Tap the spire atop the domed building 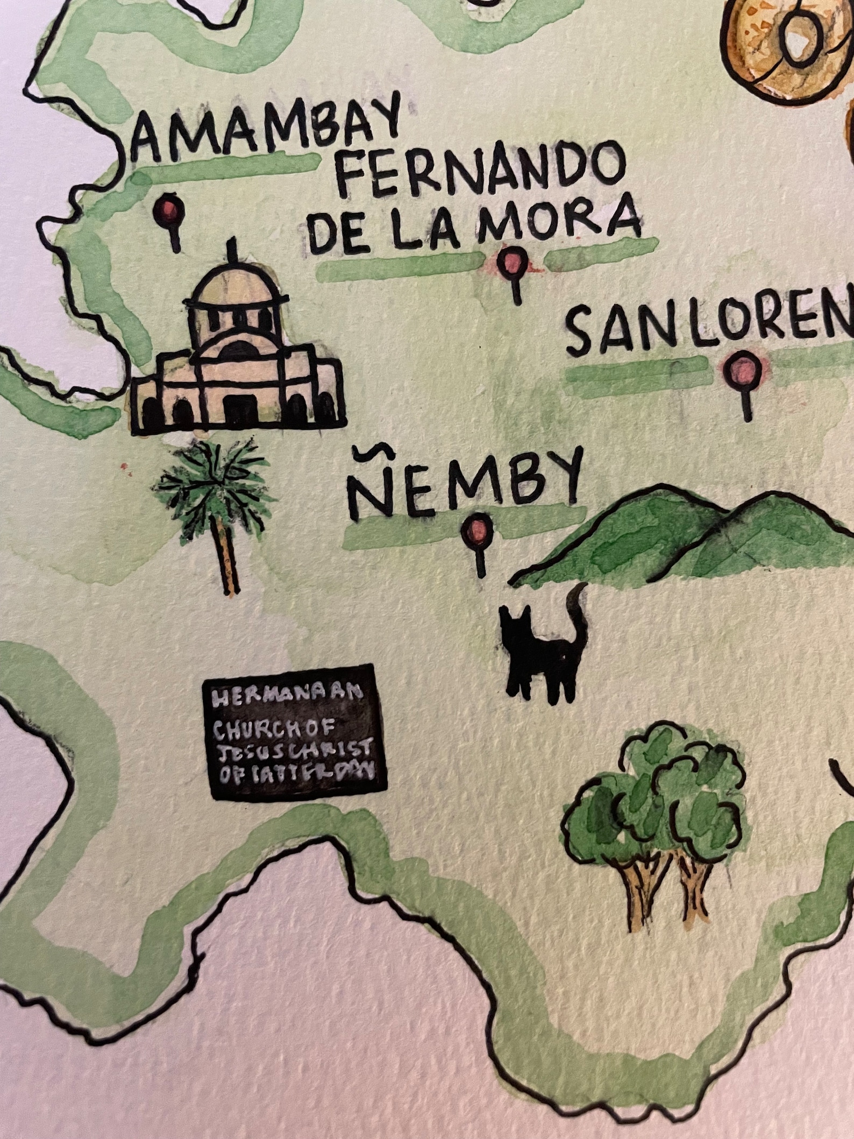click(x=233, y=249)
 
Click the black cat click(x=540, y=654)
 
